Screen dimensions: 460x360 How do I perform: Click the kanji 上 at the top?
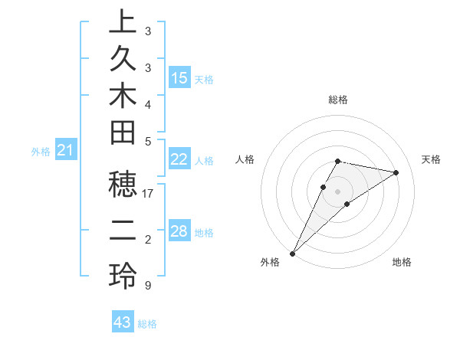[123, 22]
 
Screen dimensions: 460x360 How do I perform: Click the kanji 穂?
[123, 188]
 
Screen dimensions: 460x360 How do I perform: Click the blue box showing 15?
[179, 77]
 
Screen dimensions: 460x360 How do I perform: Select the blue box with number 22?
[179, 159]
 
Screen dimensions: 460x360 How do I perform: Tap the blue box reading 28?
[179, 231]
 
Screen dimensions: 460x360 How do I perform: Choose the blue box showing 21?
[66, 151]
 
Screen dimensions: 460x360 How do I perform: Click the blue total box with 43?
[123, 322]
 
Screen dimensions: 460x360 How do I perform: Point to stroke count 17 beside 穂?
[148, 194]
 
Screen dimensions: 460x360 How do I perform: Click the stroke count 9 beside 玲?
[147, 285]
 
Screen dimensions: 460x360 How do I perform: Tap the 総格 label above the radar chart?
[338, 100]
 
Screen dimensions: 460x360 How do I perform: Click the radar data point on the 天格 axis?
[396, 172]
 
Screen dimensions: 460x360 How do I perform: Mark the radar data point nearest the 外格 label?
[293, 253]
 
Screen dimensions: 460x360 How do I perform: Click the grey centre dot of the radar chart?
[338, 191]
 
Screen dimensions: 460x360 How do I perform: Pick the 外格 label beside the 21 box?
[41, 152]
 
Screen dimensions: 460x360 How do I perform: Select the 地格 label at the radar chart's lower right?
[402, 262]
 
